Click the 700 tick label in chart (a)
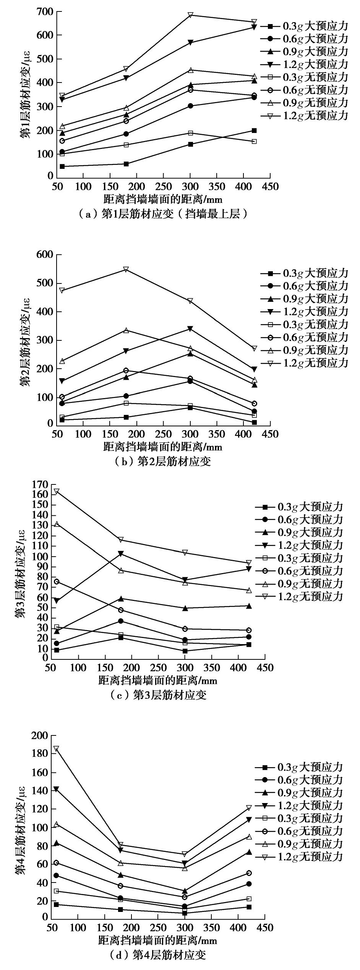pos(45,11)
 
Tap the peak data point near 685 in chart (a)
pos(190,15)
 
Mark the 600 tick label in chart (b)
pos(45,254)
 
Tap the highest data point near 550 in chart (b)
pos(126,269)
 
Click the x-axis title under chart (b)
pos(162,447)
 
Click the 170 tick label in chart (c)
pos(41,484)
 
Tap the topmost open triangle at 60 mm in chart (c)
pos(57,491)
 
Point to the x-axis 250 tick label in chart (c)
pos(158,667)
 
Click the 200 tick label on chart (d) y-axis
pos(41,735)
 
